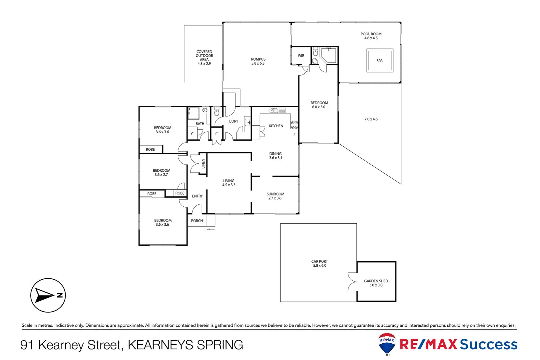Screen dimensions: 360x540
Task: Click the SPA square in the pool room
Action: pos(380,61)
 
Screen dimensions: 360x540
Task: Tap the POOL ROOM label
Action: pos(371,34)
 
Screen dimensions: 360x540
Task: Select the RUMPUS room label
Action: pos(258,59)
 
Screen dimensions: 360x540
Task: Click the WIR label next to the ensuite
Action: pos(301,56)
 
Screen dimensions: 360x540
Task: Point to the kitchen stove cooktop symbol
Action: pos(294,125)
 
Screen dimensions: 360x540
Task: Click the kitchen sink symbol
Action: pos(277,110)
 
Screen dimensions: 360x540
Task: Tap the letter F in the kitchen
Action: pos(294,135)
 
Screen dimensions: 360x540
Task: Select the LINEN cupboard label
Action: pos(203,163)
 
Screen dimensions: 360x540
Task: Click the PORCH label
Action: pos(197,221)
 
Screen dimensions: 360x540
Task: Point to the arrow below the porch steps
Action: pos(211,229)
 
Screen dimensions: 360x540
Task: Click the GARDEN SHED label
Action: pos(376,281)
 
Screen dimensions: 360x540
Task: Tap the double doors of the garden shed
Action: pos(352,282)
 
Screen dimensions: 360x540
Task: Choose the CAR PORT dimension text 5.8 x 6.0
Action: pos(319,266)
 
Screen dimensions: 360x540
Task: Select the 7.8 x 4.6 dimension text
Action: pos(371,119)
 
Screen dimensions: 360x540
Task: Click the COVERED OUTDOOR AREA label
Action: pos(204,56)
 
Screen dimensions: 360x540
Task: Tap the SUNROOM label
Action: pos(275,194)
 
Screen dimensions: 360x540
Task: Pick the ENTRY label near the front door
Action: pos(197,196)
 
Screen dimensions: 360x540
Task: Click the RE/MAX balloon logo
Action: pos(387,343)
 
